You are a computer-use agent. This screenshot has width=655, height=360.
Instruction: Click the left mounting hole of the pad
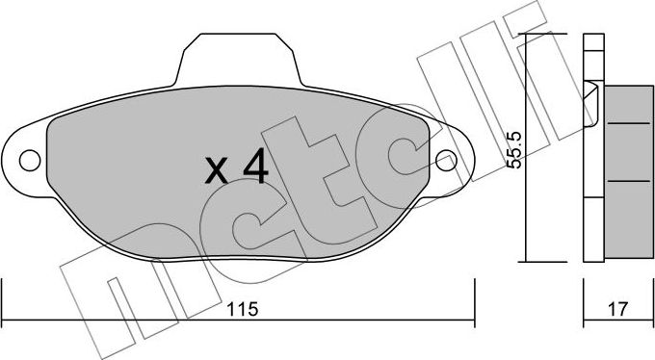click(30, 159)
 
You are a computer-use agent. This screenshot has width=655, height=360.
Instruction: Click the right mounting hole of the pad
click(445, 159)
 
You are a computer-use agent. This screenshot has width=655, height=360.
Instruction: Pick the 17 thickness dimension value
click(618, 310)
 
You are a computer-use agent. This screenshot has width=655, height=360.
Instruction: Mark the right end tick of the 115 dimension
click(474, 298)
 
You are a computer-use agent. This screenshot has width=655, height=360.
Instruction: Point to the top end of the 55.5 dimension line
click(525, 36)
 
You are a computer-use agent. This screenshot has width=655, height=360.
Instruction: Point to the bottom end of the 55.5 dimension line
click(525, 261)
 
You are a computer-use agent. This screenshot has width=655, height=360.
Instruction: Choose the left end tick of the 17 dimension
click(585, 298)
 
